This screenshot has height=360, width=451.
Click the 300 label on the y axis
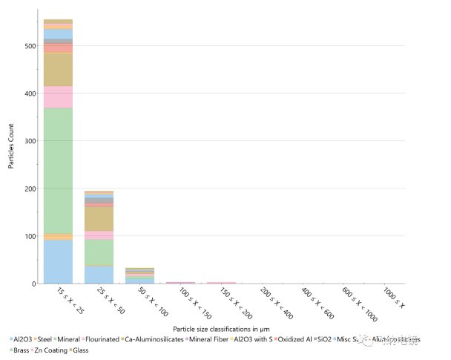click(29, 141)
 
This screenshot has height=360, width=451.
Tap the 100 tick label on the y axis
click(29, 236)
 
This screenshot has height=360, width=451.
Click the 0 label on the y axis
click(33, 284)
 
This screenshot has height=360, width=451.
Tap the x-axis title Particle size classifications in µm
click(220, 328)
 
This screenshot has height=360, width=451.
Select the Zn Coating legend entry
click(53, 349)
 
